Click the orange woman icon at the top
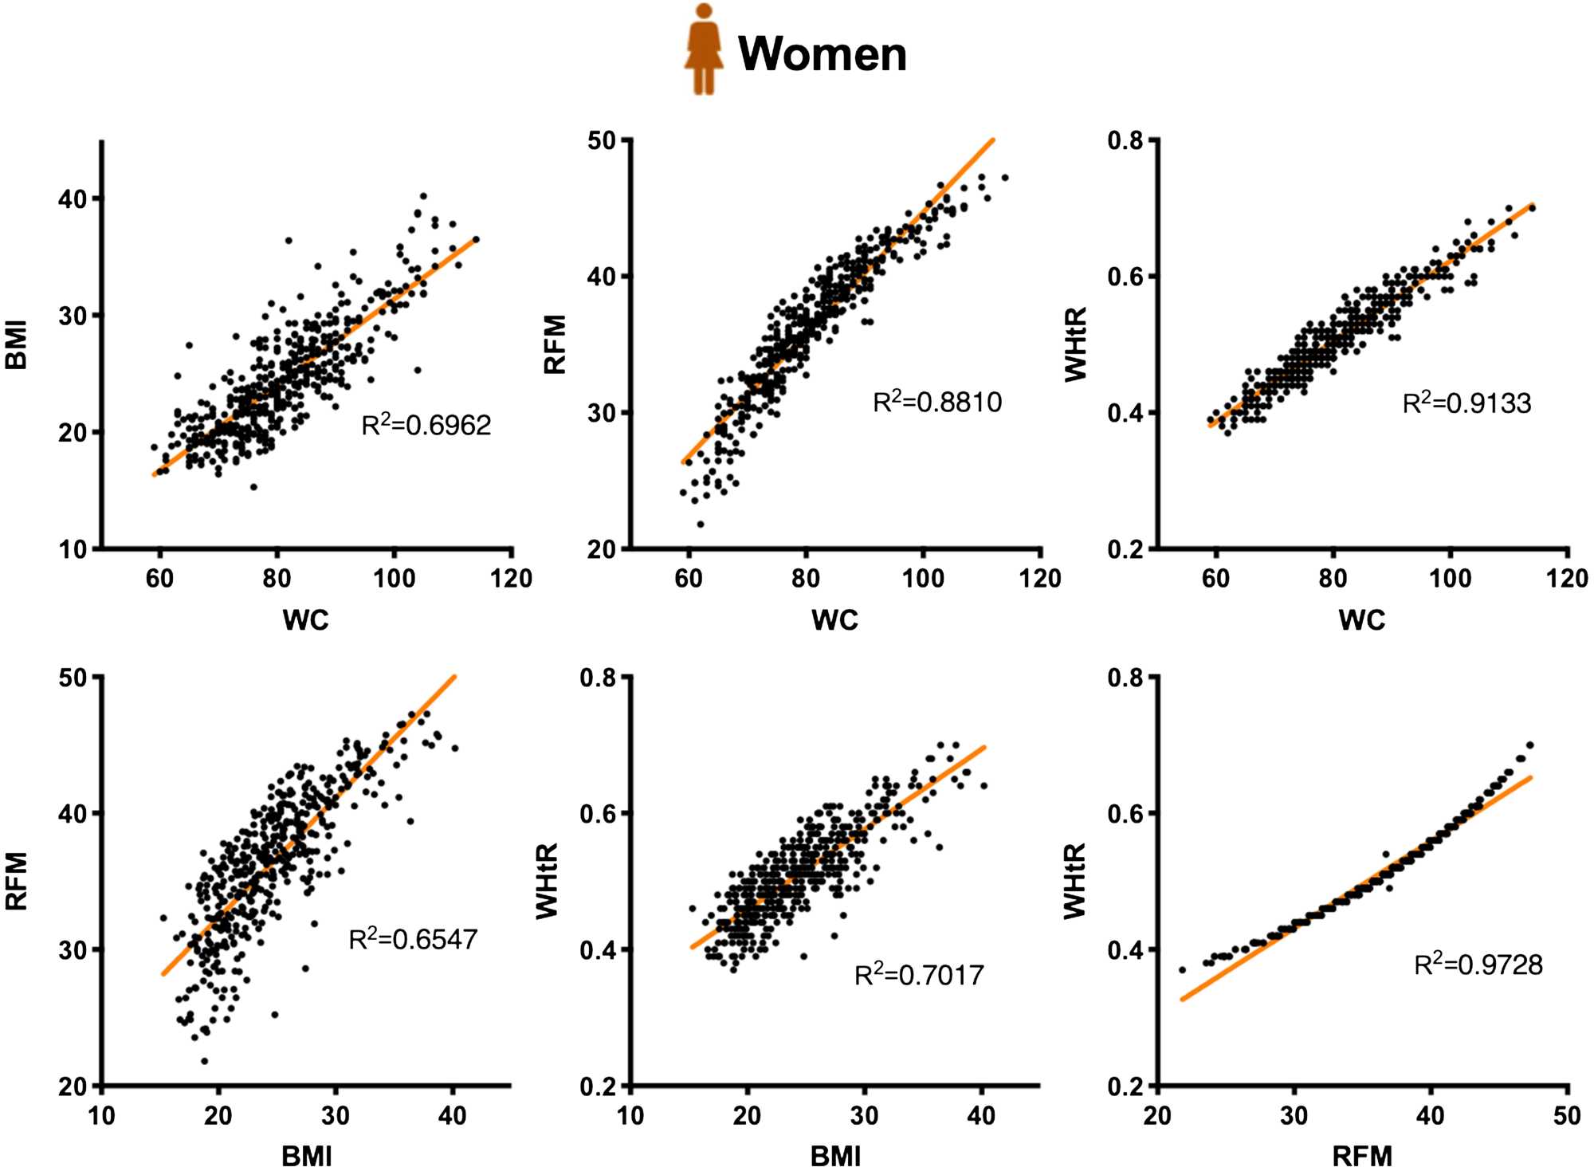[x=704, y=49]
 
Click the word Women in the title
[x=823, y=54]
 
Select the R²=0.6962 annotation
[x=426, y=425]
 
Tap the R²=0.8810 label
[x=937, y=402]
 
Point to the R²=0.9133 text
[x=1466, y=403]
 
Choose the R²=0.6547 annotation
[x=413, y=939]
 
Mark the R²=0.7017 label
[x=919, y=974]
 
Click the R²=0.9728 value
[x=1478, y=965]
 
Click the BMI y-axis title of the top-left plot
[x=17, y=344]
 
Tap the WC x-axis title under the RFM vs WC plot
[x=834, y=619]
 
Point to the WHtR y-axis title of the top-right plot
[x=1076, y=344]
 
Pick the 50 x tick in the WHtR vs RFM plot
[x=1567, y=1115]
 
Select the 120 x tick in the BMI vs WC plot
[x=511, y=578]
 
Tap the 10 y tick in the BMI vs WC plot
[x=73, y=549]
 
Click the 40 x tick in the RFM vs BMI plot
[x=452, y=1115]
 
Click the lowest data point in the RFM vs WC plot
[x=701, y=524]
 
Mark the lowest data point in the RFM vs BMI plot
[x=205, y=1061]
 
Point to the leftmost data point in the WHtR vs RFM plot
[x=1182, y=970]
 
